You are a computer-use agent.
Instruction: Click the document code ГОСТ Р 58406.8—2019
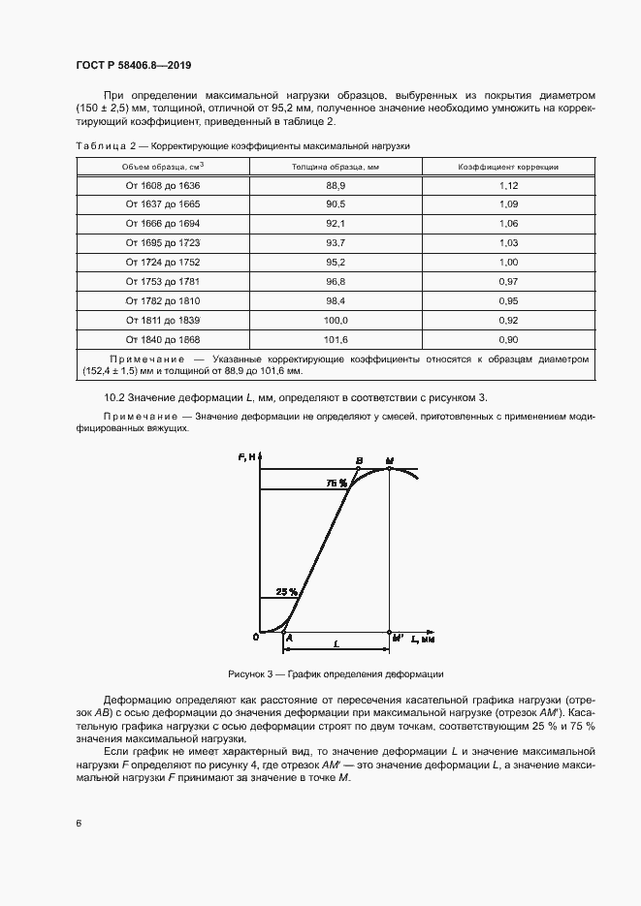(133, 66)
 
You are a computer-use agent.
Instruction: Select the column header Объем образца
(162, 166)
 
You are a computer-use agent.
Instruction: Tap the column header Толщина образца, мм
(336, 166)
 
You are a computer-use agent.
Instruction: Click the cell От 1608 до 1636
(162, 185)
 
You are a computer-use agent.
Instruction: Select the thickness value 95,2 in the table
(336, 263)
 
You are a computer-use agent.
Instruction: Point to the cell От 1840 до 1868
(162, 340)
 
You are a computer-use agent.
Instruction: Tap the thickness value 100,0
(336, 321)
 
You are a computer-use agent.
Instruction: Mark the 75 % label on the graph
(337, 483)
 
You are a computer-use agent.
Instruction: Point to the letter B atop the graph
(360, 460)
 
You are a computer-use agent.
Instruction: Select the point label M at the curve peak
(389, 460)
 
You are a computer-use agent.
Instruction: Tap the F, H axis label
(247, 457)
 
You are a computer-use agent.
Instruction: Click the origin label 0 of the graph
(255, 637)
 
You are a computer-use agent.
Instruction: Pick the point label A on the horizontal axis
(289, 638)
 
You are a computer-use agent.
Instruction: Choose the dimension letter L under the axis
(335, 643)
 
